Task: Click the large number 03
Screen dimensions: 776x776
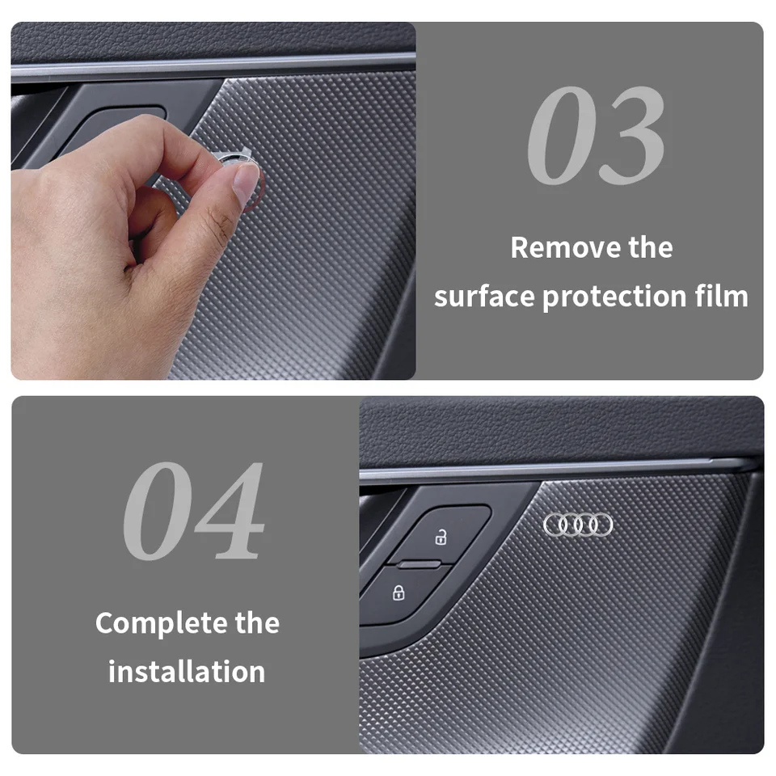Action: (597, 135)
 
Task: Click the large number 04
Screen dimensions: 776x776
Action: (194, 511)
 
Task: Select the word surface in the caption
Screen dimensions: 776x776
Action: (484, 297)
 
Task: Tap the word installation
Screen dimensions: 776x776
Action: (187, 672)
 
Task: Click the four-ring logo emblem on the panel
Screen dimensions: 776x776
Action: (577, 525)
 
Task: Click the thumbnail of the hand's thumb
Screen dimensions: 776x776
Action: (246, 183)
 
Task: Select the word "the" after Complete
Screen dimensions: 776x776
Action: (257, 623)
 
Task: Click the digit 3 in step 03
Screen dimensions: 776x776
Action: (635, 135)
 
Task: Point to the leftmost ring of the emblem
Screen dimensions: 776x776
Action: (554, 525)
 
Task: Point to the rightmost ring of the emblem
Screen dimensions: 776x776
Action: (601, 525)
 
